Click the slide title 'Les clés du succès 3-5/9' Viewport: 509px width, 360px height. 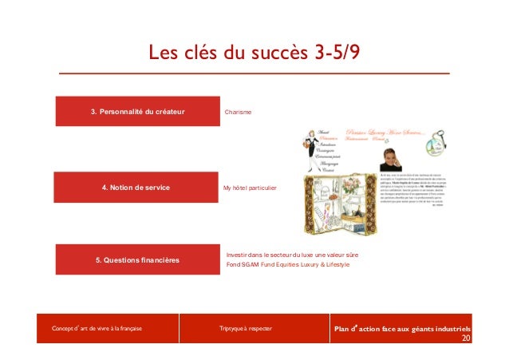coord(254,53)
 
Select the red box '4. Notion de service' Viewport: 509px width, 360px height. coord(136,188)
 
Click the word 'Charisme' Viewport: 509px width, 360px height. coord(239,112)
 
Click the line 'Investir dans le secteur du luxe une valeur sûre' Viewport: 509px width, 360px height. coord(292,254)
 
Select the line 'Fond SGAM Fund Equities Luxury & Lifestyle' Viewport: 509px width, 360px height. coord(288,264)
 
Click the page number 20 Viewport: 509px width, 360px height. coord(466,338)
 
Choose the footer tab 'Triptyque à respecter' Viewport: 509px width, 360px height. coord(245,328)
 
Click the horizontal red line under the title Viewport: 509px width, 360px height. coord(254,73)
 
